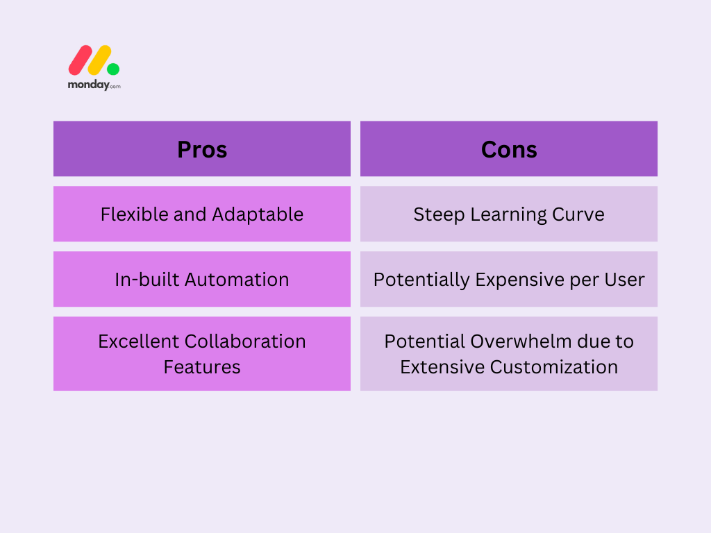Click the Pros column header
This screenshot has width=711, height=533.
[202, 149]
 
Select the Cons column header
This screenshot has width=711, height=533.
[509, 149]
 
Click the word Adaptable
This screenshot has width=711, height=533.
[258, 214]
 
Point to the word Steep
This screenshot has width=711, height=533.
[439, 215]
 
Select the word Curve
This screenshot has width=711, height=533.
[578, 214]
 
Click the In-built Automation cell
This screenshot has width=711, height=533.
[202, 279]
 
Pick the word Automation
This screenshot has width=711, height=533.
[237, 280]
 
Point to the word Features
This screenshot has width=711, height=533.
[202, 367]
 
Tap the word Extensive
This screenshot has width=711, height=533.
[442, 367]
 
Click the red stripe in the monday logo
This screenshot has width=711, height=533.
[81, 60]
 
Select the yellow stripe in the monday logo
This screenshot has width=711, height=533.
[99, 60]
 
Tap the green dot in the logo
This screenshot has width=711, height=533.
[113, 69]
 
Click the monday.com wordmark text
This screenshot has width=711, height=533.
[94, 85]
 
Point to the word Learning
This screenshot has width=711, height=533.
[508, 215]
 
